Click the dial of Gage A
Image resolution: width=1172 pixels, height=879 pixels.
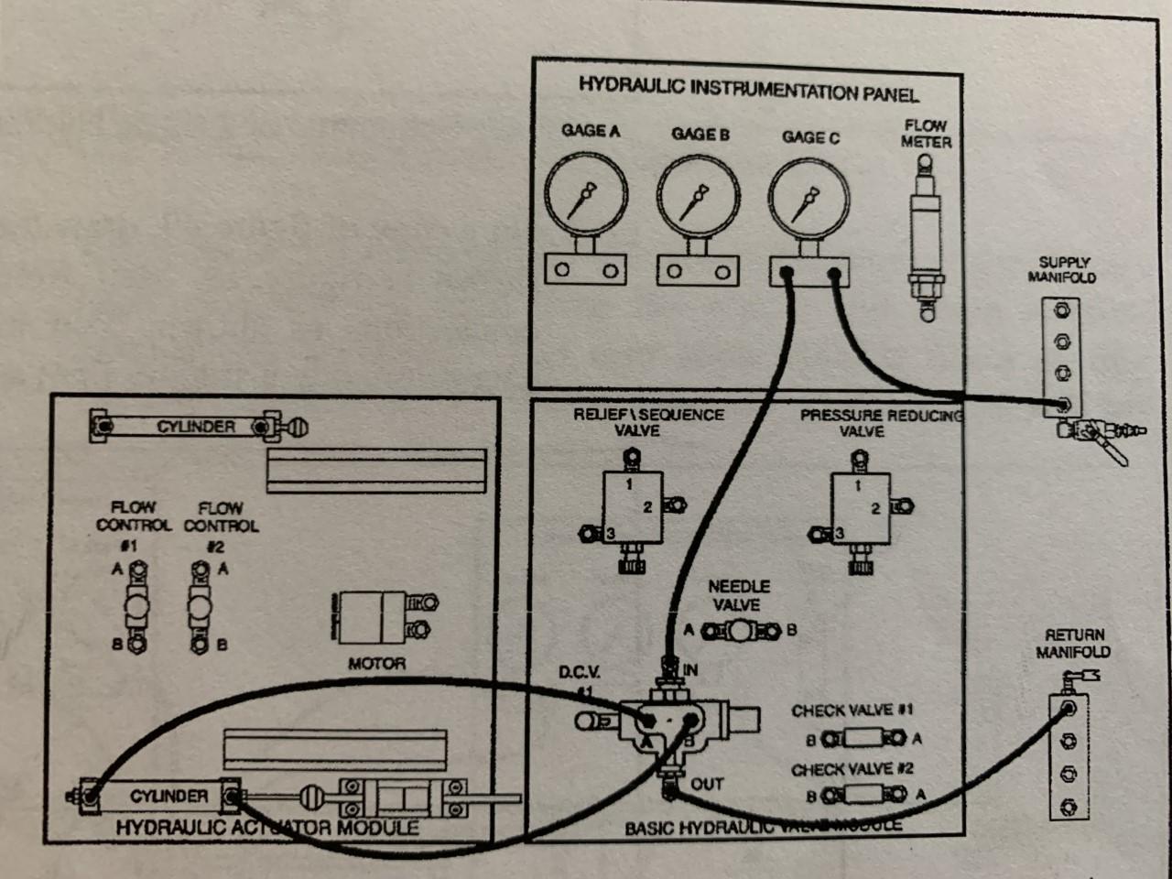coord(586,195)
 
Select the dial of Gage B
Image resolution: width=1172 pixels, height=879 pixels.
coord(698,196)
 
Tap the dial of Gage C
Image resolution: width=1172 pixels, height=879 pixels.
coord(808,199)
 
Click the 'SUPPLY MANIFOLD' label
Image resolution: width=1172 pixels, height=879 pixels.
coord(1062,269)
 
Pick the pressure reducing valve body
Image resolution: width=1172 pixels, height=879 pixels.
coord(859,509)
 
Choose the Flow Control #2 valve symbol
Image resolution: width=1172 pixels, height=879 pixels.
coord(200,606)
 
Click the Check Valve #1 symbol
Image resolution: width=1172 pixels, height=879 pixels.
coord(862,737)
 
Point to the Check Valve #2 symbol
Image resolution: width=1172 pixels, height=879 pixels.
coord(862,795)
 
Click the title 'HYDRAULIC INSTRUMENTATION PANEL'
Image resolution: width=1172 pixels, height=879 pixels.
coord(748,89)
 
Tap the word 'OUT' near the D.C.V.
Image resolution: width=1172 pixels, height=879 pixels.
coord(707,784)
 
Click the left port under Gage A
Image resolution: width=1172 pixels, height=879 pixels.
coord(562,270)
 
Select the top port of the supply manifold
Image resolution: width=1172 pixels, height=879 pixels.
coord(1062,310)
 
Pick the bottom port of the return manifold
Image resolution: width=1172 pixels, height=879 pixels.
coord(1068,807)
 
